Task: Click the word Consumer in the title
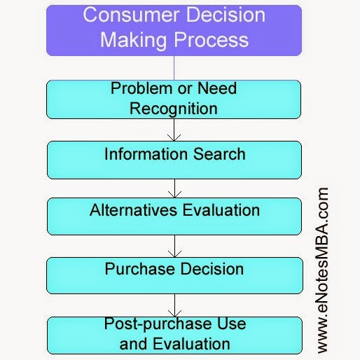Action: pyautogui.click(x=132, y=15)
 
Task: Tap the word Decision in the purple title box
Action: pyautogui.click(x=226, y=15)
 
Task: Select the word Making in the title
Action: pyautogui.click(x=134, y=40)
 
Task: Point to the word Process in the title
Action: pyautogui.click(x=212, y=40)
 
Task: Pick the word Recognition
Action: pyautogui.click(x=174, y=109)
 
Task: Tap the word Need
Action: pyautogui.click(x=217, y=88)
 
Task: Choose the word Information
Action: pyautogui.click(x=146, y=154)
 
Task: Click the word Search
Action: pyautogui.click(x=219, y=154)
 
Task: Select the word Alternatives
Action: pyautogui.click(x=133, y=210)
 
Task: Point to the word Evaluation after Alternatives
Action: pyautogui.click(x=221, y=210)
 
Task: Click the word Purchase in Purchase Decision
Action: pyautogui.click(x=139, y=269)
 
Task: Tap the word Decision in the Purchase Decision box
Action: pyautogui.click(x=212, y=269)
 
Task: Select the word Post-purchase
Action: pyautogui.click(x=158, y=324)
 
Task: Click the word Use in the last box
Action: pyautogui.click(x=232, y=324)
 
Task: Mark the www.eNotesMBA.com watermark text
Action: pyautogui.click(x=323, y=270)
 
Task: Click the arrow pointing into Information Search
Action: pyautogui.click(x=174, y=130)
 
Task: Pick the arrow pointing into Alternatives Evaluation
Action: pyautogui.click(x=174, y=188)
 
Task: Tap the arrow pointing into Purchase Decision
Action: pyautogui.click(x=174, y=246)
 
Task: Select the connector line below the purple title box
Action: pyautogui.click(x=174, y=68)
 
